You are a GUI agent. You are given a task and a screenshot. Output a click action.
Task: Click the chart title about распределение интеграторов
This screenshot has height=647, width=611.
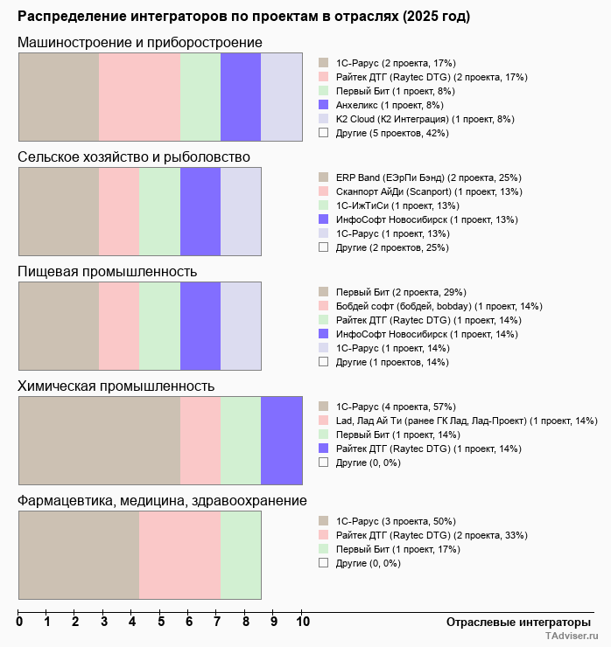[x=243, y=17]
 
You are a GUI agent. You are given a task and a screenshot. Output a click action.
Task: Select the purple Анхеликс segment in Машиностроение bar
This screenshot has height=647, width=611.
[x=241, y=97]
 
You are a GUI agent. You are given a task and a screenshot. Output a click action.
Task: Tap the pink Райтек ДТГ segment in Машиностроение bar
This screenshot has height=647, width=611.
[x=139, y=97]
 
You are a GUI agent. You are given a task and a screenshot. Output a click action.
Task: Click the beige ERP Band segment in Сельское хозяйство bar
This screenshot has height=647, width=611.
[x=59, y=212]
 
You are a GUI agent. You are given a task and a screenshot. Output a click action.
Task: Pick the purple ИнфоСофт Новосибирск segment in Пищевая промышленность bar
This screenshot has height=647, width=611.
[x=200, y=326]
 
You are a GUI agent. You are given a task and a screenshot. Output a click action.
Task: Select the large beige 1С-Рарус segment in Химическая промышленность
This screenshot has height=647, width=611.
[x=99, y=441]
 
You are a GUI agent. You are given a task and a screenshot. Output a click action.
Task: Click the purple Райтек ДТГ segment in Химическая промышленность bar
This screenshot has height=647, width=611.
[x=282, y=441]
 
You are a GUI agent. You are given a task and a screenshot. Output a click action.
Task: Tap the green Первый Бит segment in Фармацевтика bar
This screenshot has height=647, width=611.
[x=241, y=555]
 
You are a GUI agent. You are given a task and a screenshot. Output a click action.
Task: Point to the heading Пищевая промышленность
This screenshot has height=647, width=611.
[x=107, y=272]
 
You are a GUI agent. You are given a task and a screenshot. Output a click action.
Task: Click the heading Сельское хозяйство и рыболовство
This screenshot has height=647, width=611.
[x=134, y=157]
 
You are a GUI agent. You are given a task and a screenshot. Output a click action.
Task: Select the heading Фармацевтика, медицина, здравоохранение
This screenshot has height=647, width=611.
[x=162, y=501]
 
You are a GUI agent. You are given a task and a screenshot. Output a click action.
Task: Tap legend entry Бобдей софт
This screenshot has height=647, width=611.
[x=439, y=306]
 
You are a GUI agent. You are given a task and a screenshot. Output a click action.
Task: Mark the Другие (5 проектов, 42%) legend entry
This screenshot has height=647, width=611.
[x=391, y=133]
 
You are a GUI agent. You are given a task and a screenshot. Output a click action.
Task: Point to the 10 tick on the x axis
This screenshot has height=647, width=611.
[x=303, y=623]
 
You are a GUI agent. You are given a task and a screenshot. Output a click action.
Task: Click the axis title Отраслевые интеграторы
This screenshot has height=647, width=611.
[x=513, y=622]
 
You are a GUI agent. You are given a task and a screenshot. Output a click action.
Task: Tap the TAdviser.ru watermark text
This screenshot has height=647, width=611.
[x=572, y=637]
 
